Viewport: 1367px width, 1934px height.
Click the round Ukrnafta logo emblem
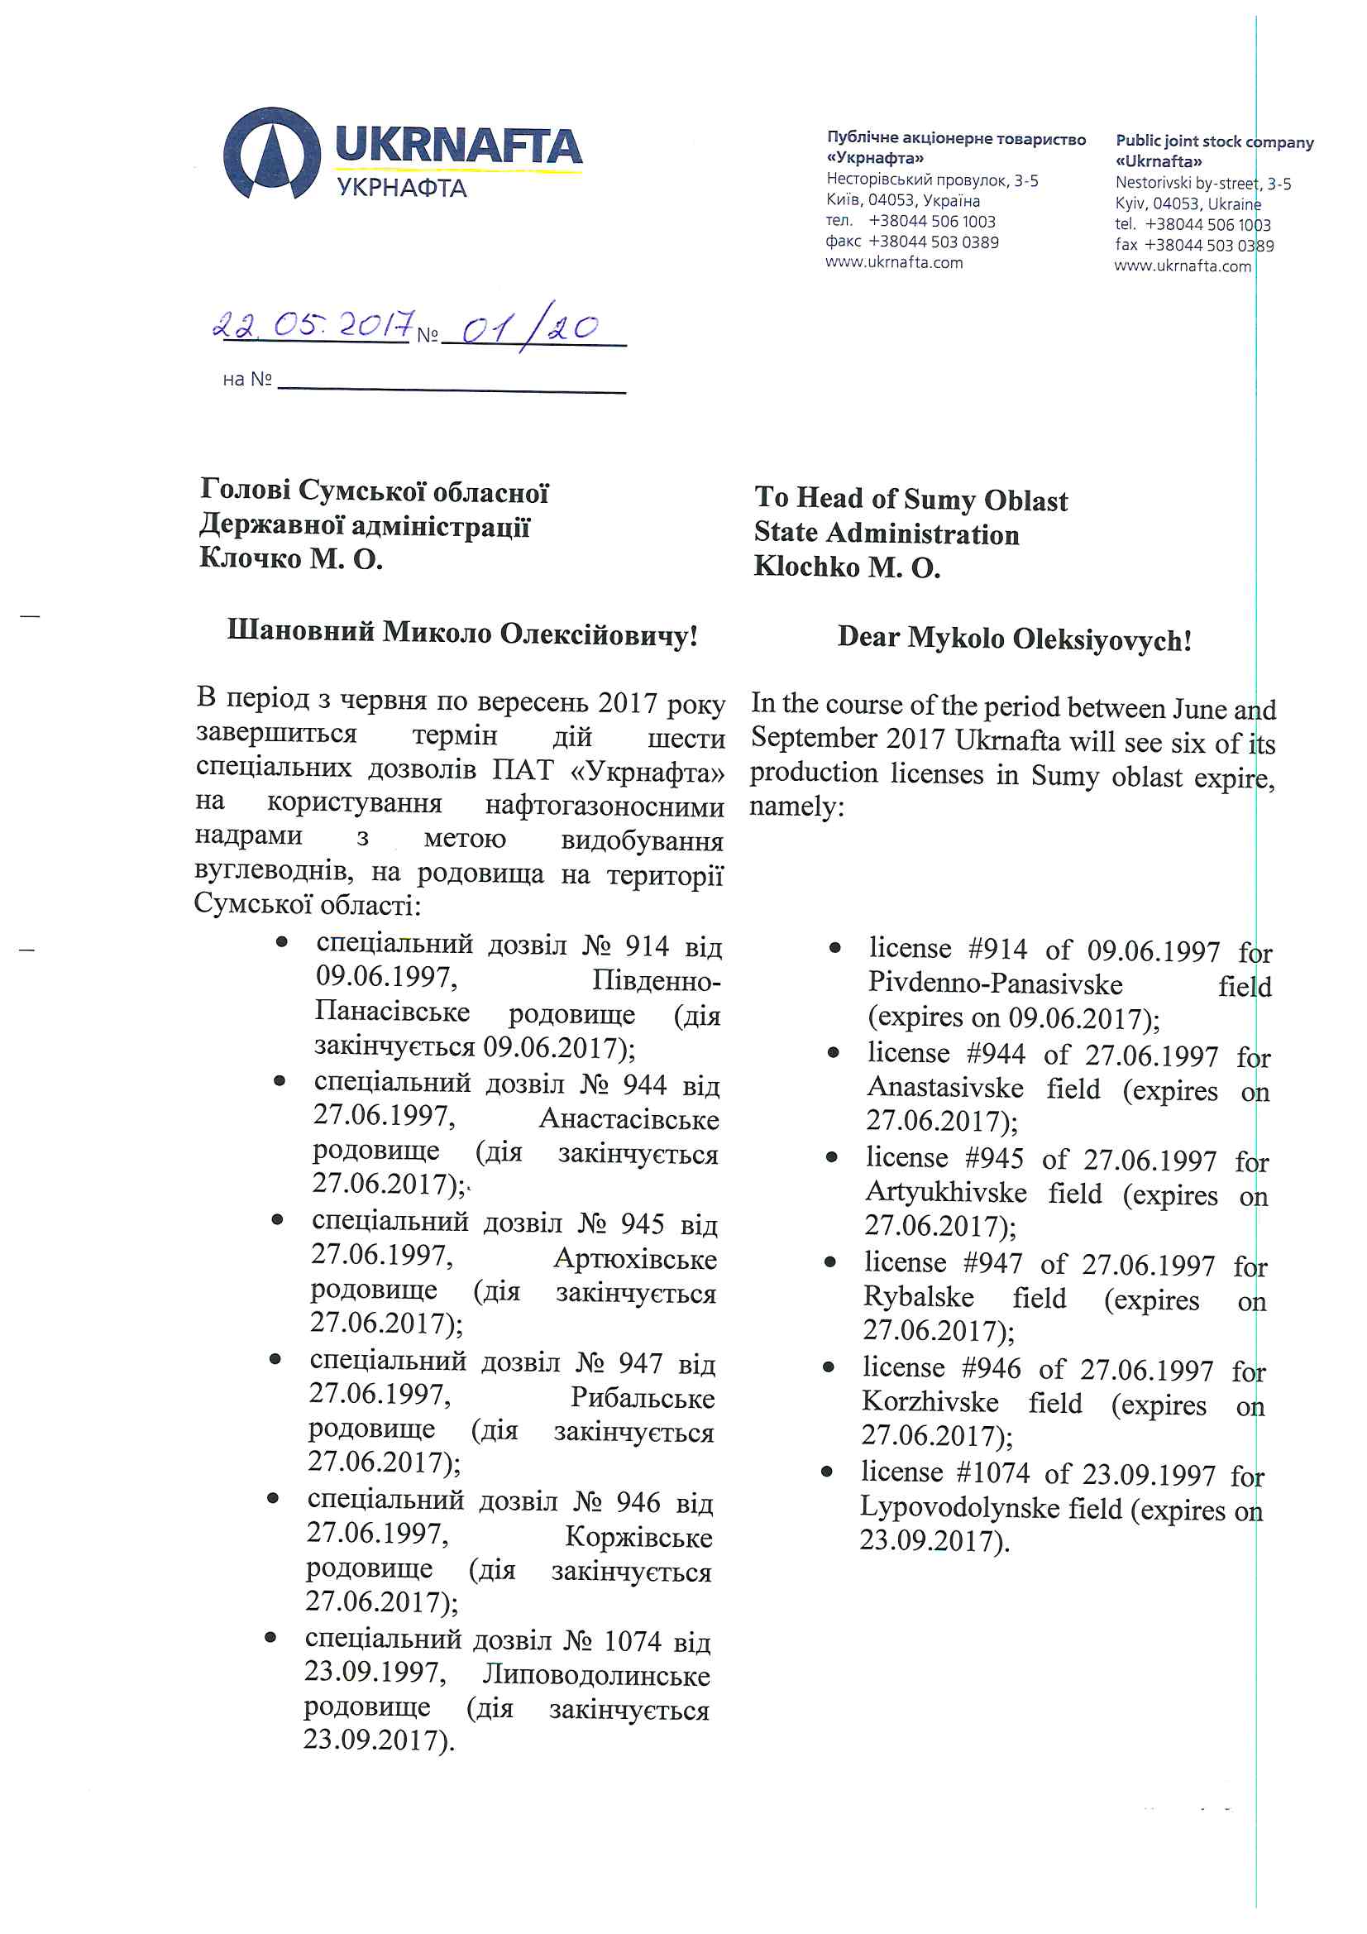pyautogui.click(x=271, y=154)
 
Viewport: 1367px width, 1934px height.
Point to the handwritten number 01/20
pyautogui.click(x=531, y=327)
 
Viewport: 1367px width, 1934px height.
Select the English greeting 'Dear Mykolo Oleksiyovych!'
pyautogui.click(x=1014, y=639)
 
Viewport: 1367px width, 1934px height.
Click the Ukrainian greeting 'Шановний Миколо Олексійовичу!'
pyautogui.click(x=462, y=633)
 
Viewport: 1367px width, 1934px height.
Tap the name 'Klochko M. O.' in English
pyautogui.click(x=847, y=567)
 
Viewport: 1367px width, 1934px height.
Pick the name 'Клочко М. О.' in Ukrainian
pyautogui.click(x=290, y=558)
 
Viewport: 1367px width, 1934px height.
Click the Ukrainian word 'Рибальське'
pyautogui.click(x=642, y=1397)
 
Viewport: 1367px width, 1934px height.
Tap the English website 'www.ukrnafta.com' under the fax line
pyautogui.click(x=1183, y=266)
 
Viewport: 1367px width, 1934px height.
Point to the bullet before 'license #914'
pyautogui.click(x=834, y=948)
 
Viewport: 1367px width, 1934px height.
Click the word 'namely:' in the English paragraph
pyautogui.click(x=796, y=807)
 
